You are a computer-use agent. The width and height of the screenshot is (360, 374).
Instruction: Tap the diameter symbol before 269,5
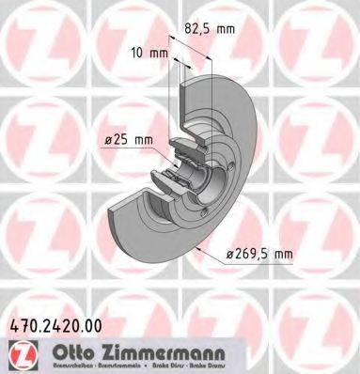click(232, 253)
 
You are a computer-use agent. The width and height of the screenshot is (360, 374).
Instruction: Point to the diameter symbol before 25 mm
click(108, 142)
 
